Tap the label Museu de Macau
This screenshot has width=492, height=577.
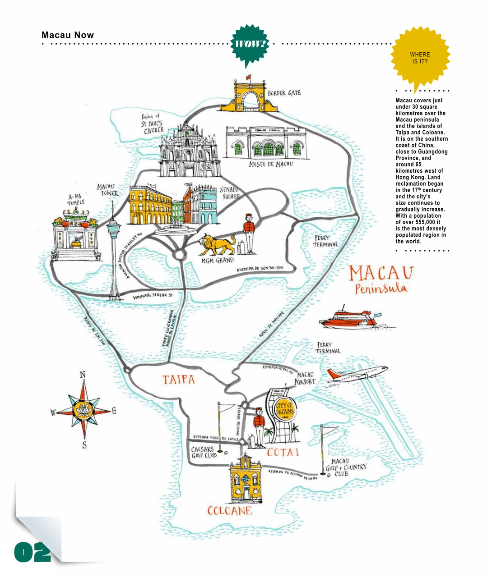(x=271, y=164)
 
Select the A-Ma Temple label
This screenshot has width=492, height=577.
(x=76, y=199)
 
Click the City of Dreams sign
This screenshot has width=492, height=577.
(x=284, y=411)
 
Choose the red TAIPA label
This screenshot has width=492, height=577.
(x=179, y=380)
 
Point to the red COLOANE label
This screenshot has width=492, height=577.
(x=229, y=511)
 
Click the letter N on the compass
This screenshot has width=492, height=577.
(x=83, y=375)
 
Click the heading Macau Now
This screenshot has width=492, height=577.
(x=68, y=35)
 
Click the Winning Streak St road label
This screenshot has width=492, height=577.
(x=153, y=297)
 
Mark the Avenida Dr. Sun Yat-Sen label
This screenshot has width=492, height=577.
(x=260, y=269)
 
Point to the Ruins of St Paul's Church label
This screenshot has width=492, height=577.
(x=153, y=124)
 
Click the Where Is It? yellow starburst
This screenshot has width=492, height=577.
(x=420, y=58)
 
